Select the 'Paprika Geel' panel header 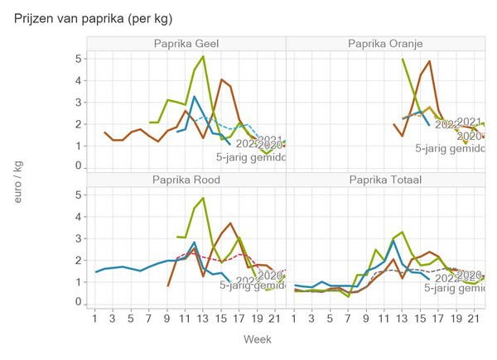point(186,43)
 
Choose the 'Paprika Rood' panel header point(186,180)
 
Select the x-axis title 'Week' point(257,339)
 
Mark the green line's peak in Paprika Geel point(203,56)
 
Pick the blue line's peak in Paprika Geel point(194,97)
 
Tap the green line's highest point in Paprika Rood point(203,198)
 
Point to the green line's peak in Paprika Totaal point(402,232)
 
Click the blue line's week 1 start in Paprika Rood point(95,272)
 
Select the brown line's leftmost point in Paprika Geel point(104,132)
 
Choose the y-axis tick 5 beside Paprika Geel point(78,59)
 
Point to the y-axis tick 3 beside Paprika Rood point(78,238)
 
